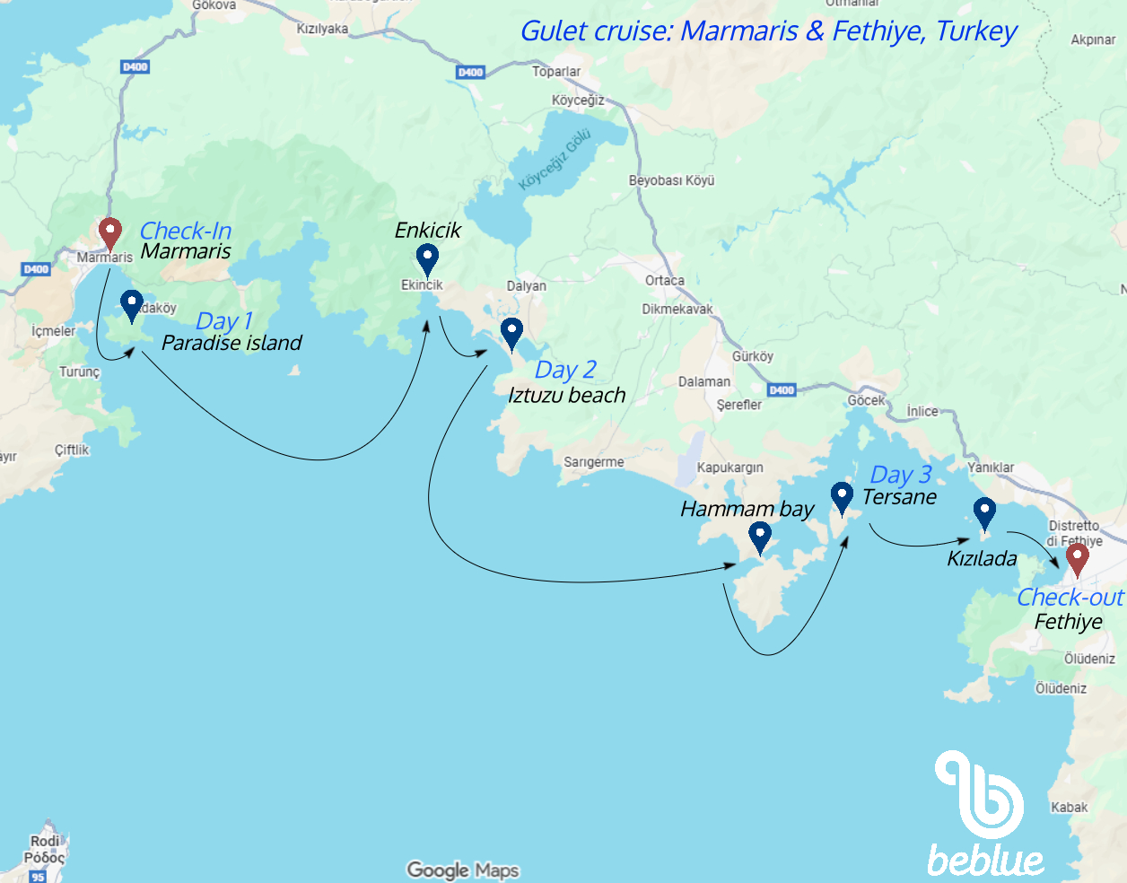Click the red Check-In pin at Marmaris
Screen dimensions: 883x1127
tap(109, 232)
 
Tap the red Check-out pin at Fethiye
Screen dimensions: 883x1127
tap(1077, 558)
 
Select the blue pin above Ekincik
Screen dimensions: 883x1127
tap(427, 259)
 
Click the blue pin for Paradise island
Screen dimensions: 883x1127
tap(132, 305)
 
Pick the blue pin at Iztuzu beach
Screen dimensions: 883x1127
tap(511, 333)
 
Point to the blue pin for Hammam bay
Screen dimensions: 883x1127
tap(760, 538)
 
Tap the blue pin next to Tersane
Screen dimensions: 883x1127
tap(842, 496)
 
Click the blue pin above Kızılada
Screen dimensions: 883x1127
tap(984, 513)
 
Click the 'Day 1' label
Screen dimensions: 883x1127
tap(223, 321)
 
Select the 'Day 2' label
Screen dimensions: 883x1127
tap(565, 370)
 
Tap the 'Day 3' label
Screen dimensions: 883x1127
tap(900, 475)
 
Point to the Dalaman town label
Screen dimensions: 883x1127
tap(703, 381)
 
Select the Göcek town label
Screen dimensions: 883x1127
tap(866, 400)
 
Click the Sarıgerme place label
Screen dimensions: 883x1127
tap(593, 462)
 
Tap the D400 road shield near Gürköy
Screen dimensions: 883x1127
tap(782, 390)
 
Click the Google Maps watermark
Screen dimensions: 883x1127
tap(462, 870)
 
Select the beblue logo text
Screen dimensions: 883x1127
tap(985, 861)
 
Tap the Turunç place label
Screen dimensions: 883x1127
tap(79, 372)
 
